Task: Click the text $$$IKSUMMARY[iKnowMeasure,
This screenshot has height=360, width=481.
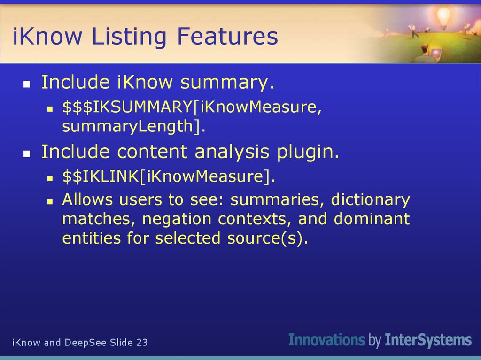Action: pos(192,107)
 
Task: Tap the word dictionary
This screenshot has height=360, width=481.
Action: pos(370,200)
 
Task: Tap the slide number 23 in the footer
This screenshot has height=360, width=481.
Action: pos(142,343)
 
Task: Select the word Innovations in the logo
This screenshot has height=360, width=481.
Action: pos(326,339)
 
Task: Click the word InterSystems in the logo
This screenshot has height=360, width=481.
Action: pos(428,339)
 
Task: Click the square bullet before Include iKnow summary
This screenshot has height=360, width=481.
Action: pos(27,84)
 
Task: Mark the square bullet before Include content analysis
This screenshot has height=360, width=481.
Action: pos(27,153)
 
